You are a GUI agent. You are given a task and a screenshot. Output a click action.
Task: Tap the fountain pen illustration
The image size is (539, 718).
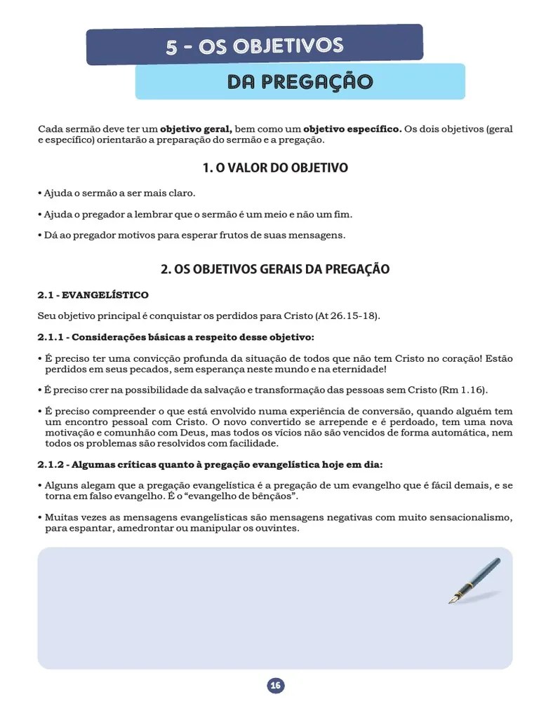coord(474,581)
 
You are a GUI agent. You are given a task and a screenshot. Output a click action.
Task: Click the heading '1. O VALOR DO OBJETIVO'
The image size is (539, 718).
coord(274,168)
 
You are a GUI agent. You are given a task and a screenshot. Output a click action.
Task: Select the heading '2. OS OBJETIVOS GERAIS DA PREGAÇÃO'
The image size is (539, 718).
coord(274,269)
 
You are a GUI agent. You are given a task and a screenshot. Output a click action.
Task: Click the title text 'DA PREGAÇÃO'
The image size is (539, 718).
coord(300,82)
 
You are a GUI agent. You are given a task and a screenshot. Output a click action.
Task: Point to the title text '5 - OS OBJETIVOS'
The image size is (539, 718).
coord(254,46)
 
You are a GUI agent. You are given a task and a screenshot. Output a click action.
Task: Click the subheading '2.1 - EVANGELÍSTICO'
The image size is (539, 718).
coord(93,295)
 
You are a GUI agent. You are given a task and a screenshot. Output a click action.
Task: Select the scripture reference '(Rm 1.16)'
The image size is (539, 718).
coord(463,390)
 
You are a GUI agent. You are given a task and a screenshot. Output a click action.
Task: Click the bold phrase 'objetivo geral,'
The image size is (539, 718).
coord(196,130)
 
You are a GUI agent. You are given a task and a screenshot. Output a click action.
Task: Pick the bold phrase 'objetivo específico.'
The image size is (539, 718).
coord(352,130)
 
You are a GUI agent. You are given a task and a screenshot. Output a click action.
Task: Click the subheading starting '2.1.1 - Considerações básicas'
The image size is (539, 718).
coord(176,337)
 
